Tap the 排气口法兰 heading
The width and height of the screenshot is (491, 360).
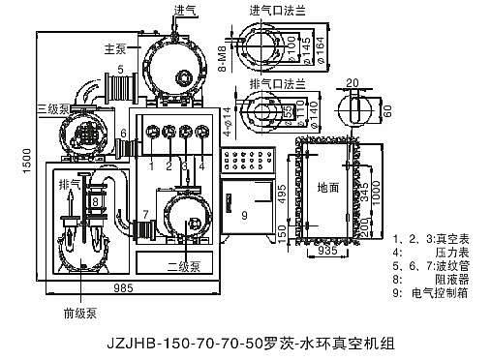(274, 83)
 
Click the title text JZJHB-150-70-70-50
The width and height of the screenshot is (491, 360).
(183, 343)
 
